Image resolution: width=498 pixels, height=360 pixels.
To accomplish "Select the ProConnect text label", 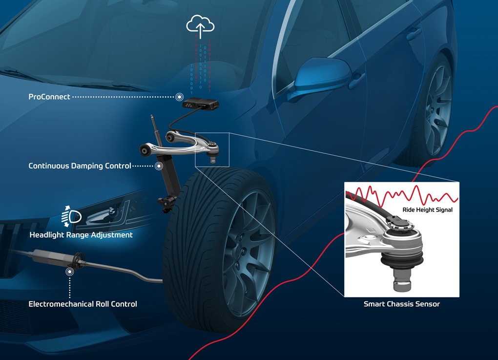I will coord(50,97).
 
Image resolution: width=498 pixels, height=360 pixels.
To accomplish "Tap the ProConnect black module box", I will coord(200,104).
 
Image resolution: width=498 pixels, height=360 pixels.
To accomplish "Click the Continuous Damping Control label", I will coord(80,166).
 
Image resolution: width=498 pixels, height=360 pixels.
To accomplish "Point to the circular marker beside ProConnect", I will coord(180,97).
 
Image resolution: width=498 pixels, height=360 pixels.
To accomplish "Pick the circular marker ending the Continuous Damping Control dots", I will coord(159,166).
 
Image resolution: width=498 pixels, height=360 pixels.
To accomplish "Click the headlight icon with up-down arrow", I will coord(72,215).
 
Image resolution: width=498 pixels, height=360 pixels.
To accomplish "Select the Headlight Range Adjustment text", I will coord(81,235).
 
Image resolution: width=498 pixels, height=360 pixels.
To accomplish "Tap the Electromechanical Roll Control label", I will coord(83,304).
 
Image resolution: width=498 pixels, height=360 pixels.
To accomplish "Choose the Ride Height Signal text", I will coord(428,210).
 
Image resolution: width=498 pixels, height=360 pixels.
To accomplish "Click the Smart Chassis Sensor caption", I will coord(402,304).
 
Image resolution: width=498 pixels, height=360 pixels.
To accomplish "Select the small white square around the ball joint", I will coord(211,149).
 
